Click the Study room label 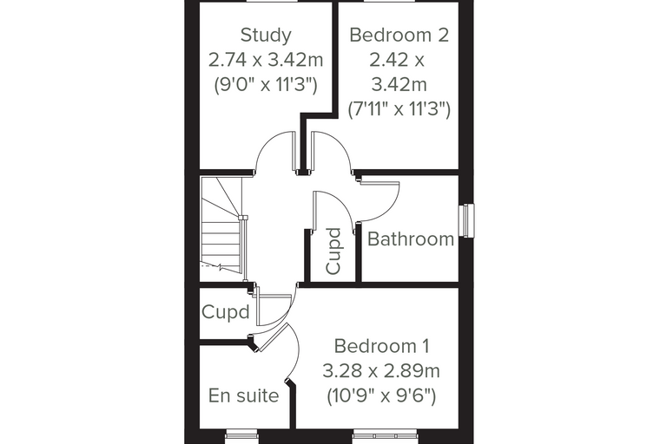click(x=266, y=35)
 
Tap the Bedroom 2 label click(x=399, y=35)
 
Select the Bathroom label click(x=411, y=239)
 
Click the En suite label click(x=243, y=395)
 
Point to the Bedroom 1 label click(x=382, y=347)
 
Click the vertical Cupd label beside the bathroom click(x=333, y=251)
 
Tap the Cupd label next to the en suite click(x=226, y=312)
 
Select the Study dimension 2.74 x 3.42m click(x=266, y=60)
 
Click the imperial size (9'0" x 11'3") click(x=266, y=85)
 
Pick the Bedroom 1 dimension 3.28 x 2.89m click(x=381, y=371)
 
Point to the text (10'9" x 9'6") click(x=381, y=396)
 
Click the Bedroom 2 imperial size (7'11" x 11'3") click(x=399, y=110)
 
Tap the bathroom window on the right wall click(x=467, y=220)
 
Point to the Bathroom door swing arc click(x=389, y=209)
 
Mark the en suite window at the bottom click(x=241, y=435)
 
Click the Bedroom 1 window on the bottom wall click(x=385, y=435)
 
